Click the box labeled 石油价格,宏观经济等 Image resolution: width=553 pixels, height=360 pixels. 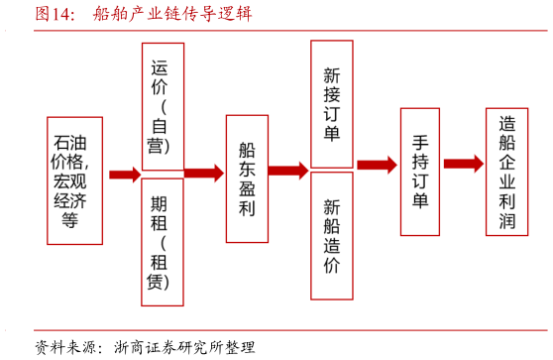(74, 180)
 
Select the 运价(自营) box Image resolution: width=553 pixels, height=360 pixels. (163, 106)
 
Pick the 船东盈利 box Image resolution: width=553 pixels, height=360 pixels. (247, 179)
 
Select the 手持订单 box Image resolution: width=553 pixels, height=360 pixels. (419, 172)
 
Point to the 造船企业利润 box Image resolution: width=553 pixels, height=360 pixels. (506, 172)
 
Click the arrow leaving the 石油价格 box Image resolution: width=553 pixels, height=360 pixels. (124, 175)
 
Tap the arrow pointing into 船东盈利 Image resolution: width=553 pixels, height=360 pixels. (203, 173)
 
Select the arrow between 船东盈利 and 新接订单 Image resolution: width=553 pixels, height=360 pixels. (288, 171)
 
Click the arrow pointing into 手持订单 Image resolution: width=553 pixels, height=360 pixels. (377, 165)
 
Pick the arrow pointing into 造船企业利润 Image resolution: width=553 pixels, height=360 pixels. (463, 164)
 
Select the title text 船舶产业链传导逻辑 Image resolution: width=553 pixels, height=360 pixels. (172, 14)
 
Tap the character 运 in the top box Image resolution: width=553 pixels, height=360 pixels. (160, 68)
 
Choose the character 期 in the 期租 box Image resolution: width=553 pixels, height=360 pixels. (160, 204)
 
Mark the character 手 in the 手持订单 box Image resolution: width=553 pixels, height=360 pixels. (420, 140)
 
